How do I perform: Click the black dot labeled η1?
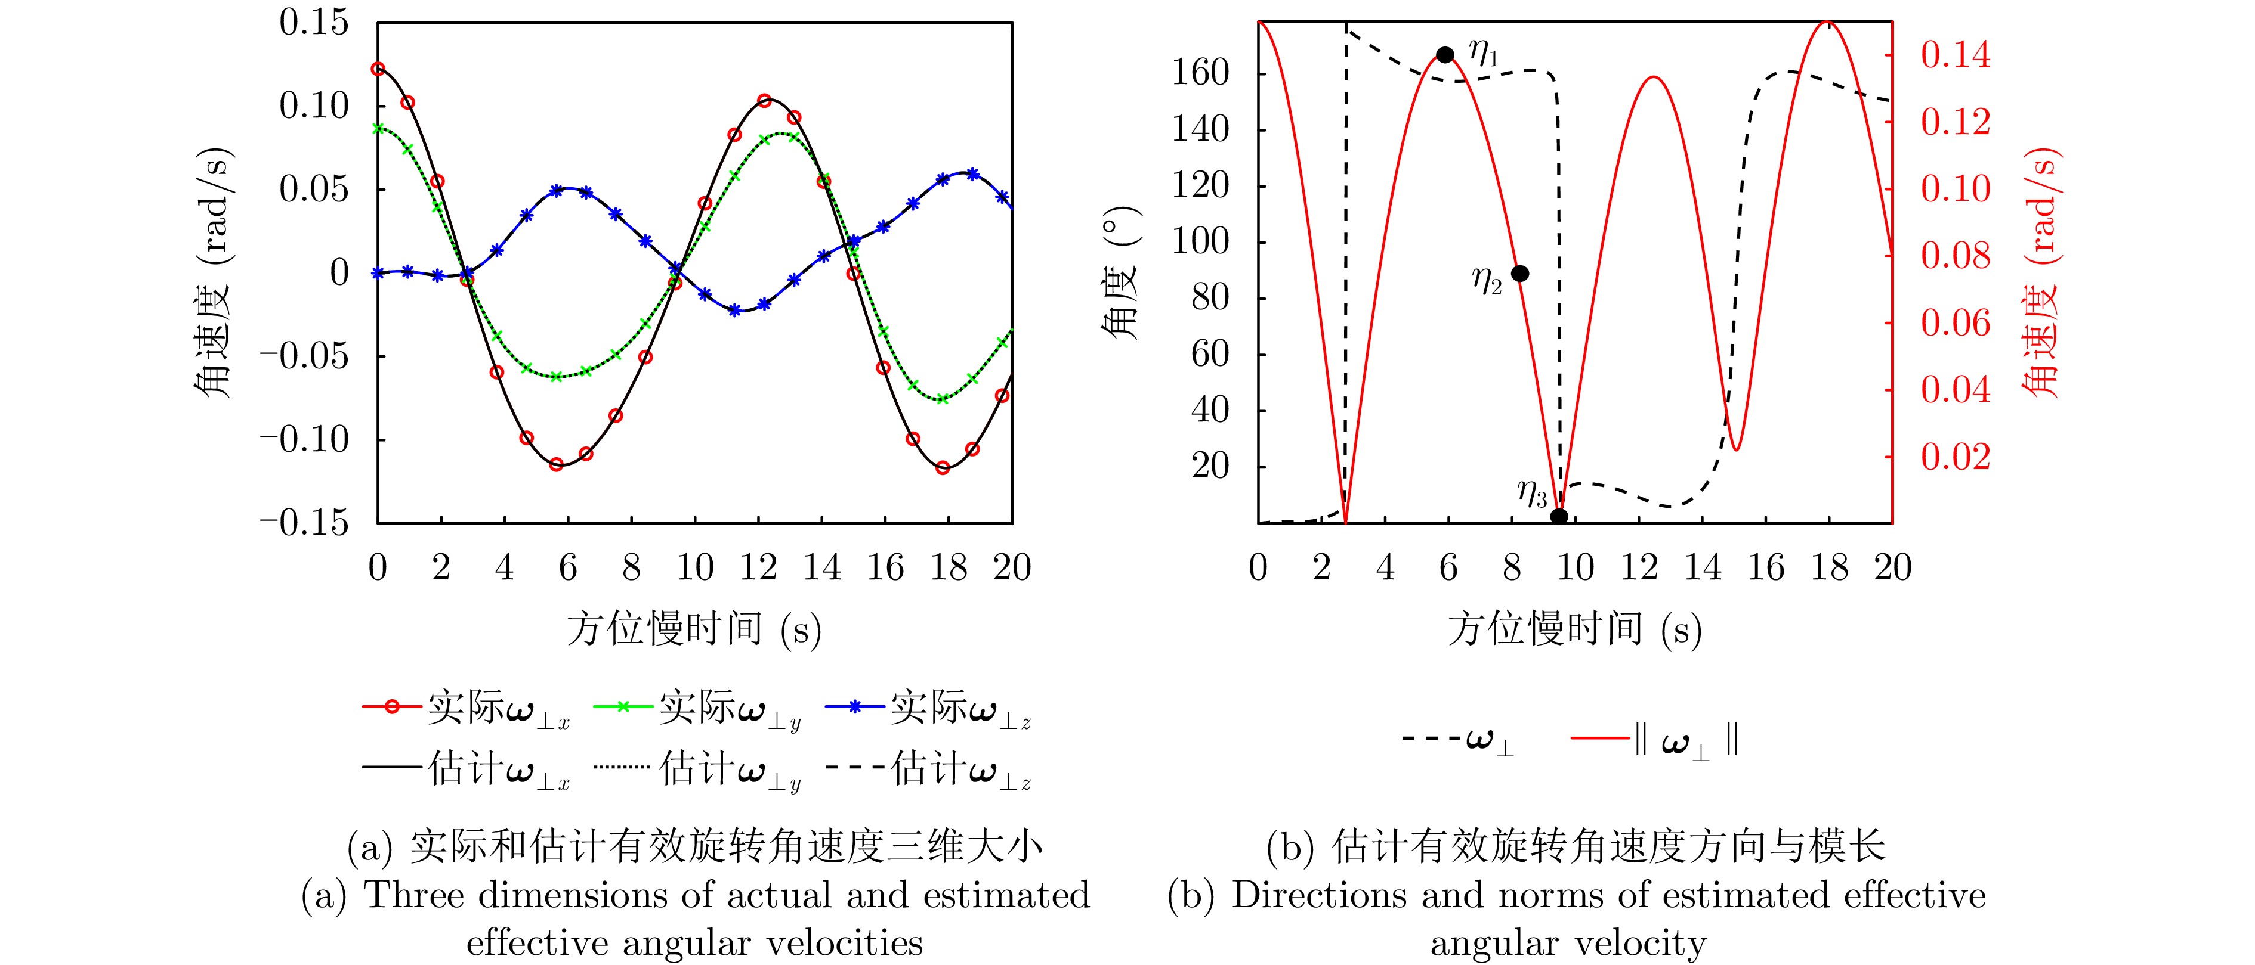point(1445,55)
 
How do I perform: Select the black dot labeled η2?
point(1519,274)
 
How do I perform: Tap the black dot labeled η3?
point(1559,516)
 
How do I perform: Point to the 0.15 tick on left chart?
point(313,23)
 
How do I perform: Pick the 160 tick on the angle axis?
point(1200,73)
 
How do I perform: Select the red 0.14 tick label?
point(1955,55)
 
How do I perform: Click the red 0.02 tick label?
point(1955,457)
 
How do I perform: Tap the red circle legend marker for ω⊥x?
point(392,707)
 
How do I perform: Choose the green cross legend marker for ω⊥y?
point(623,707)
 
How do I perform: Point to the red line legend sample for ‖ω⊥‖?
point(1600,739)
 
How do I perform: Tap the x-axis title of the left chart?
point(693,629)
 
